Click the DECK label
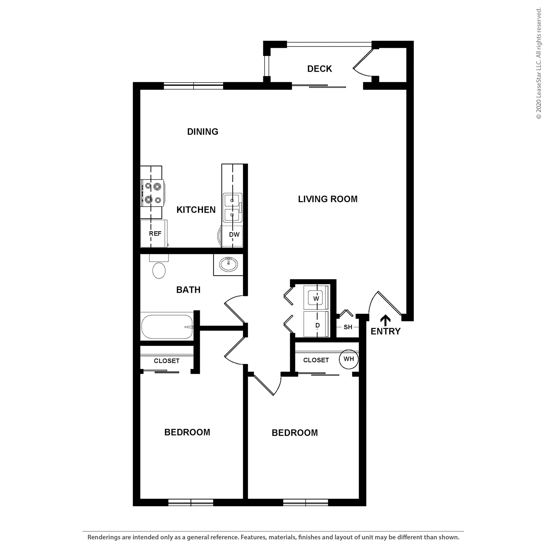(x=319, y=69)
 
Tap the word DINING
(x=203, y=132)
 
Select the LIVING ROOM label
(x=328, y=199)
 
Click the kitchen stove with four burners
(x=153, y=193)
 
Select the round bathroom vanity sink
(x=228, y=264)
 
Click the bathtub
(x=167, y=327)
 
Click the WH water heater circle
(x=348, y=359)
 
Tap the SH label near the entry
(x=348, y=327)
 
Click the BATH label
(x=188, y=290)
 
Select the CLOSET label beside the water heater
(x=316, y=360)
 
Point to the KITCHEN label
(x=196, y=210)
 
